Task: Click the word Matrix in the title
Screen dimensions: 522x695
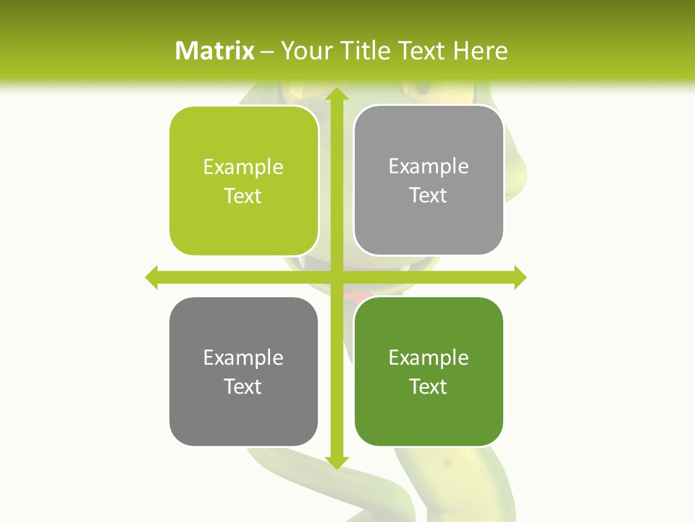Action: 215,51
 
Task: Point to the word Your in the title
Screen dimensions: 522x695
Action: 302,51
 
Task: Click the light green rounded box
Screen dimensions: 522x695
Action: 244,181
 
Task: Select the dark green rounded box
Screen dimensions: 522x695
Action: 429,371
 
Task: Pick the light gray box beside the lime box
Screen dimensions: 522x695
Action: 429,180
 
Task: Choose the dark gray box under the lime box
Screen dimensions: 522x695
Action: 244,371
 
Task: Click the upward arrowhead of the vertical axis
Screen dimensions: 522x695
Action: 336,95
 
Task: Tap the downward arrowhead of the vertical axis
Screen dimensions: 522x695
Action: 336,462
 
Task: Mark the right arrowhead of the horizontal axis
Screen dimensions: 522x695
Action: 520,277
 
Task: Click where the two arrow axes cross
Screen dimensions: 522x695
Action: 336,277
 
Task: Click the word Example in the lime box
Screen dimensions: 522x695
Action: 243,167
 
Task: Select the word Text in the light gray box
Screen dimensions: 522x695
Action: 429,196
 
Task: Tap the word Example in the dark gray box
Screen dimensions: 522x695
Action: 243,357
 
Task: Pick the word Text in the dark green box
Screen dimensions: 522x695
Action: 429,386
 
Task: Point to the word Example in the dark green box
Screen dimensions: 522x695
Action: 429,357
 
